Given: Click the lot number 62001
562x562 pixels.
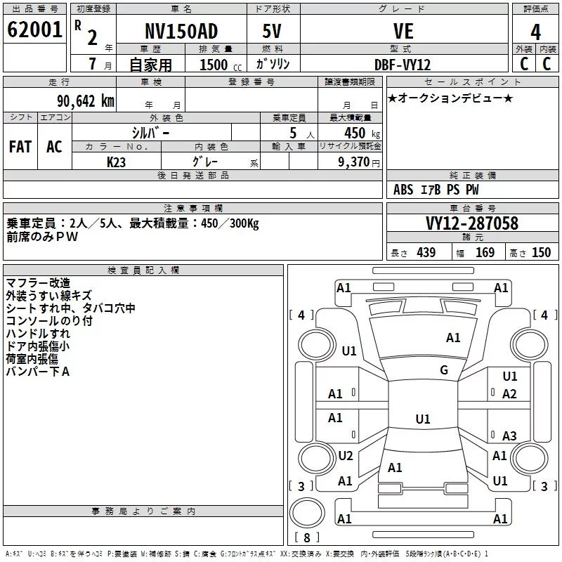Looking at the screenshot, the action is pyautogui.click(x=34, y=30).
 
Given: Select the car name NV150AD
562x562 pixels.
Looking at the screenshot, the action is pyautogui.click(x=181, y=31).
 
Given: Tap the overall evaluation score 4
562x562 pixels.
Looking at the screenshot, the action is pyautogui.click(x=535, y=32).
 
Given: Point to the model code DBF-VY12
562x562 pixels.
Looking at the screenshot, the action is pyautogui.click(x=403, y=65).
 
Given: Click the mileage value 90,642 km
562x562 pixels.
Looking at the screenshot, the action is pyautogui.click(x=86, y=101).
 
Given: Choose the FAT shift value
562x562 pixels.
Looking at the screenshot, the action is pyautogui.click(x=20, y=147).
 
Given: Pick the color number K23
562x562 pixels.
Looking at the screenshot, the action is pyautogui.click(x=116, y=162).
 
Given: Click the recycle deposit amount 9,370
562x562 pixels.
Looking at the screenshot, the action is pyautogui.click(x=353, y=162).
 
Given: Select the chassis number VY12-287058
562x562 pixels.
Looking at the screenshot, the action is pyautogui.click(x=472, y=223).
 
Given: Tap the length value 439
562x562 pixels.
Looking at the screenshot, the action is pyautogui.click(x=426, y=252).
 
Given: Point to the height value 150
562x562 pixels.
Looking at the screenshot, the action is pyautogui.click(x=541, y=252).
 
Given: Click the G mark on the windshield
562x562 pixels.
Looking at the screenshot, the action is pyautogui.click(x=444, y=370).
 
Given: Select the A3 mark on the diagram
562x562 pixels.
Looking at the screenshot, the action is pyautogui.click(x=509, y=436).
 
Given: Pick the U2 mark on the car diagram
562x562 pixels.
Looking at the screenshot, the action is pyautogui.click(x=346, y=455).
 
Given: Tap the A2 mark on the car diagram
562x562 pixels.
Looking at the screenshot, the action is pyautogui.click(x=509, y=394).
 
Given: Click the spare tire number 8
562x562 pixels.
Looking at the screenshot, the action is pyautogui.click(x=307, y=537).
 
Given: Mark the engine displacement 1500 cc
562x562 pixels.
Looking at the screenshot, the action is pyautogui.click(x=221, y=65).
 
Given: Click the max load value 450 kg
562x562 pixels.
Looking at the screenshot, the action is pyautogui.click(x=362, y=133).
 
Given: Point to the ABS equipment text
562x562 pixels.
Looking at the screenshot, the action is pyautogui.click(x=403, y=190).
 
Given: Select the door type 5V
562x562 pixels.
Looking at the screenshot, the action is pyautogui.click(x=272, y=31).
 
